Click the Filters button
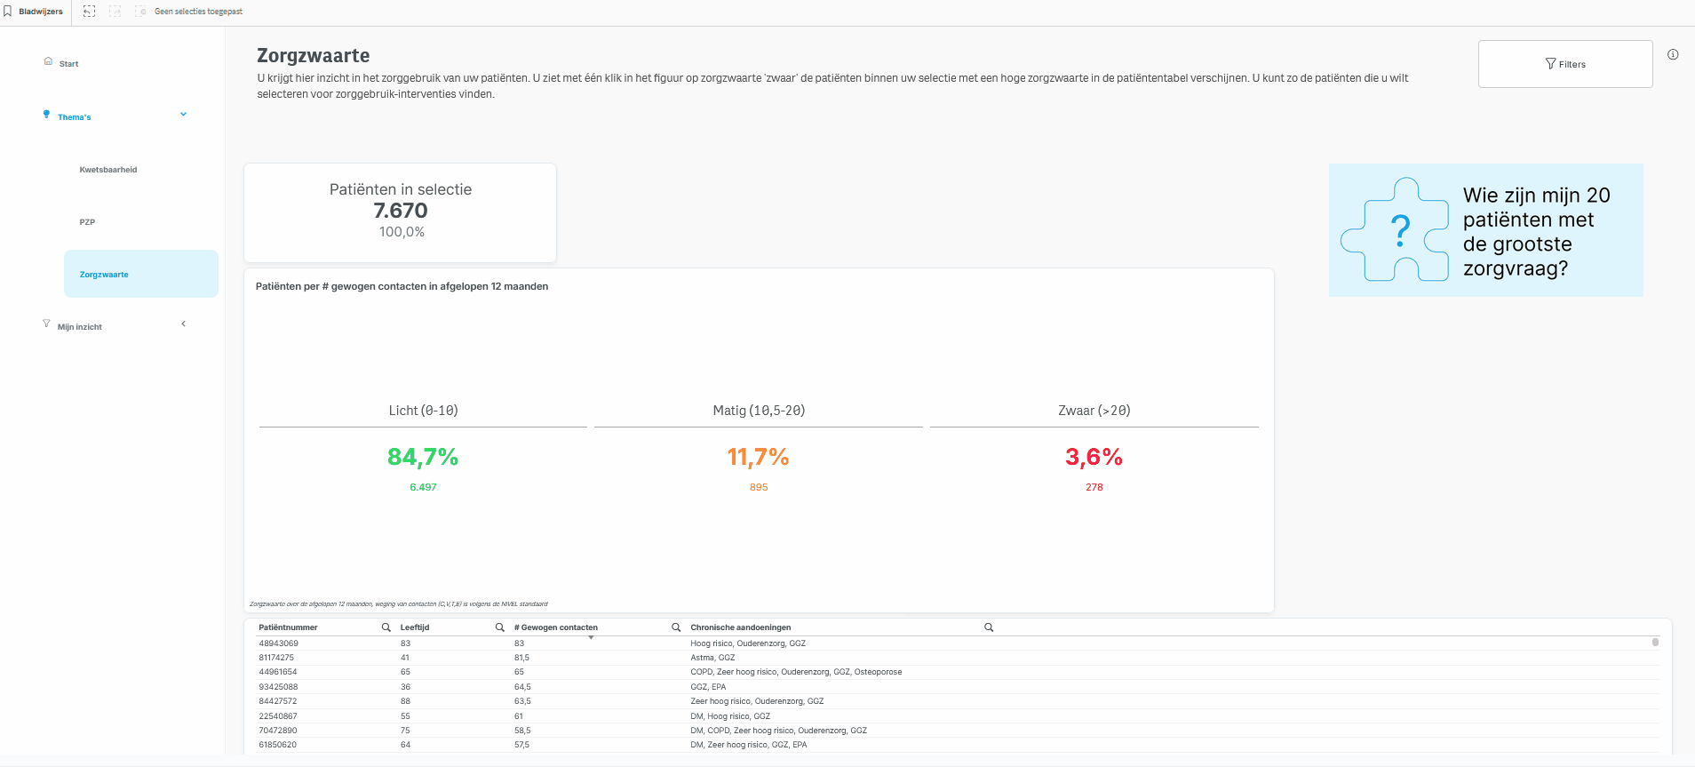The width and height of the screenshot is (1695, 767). (1565, 64)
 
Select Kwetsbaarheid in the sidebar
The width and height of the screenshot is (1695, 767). (108, 170)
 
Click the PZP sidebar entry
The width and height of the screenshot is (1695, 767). (87, 222)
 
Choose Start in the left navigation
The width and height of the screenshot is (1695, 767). (68, 64)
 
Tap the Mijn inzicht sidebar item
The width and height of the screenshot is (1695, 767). (80, 327)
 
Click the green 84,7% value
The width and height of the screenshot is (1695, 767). (423, 457)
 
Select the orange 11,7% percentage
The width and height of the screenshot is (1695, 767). (759, 457)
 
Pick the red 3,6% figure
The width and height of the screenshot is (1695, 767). (1094, 457)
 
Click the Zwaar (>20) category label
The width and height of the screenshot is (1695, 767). (1094, 411)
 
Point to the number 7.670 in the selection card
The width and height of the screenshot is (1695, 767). (401, 211)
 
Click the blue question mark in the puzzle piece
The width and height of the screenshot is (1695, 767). (1401, 231)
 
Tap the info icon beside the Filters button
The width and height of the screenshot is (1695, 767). (1673, 54)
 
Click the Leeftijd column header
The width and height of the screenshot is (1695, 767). (415, 627)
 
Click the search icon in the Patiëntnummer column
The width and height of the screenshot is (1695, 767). (386, 627)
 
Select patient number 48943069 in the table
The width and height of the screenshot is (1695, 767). (278, 643)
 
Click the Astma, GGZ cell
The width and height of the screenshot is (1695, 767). (712, 658)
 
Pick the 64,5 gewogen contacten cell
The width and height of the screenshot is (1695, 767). (522, 687)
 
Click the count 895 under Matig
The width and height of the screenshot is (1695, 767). (759, 487)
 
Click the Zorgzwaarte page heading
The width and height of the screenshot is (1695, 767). (314, 55)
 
